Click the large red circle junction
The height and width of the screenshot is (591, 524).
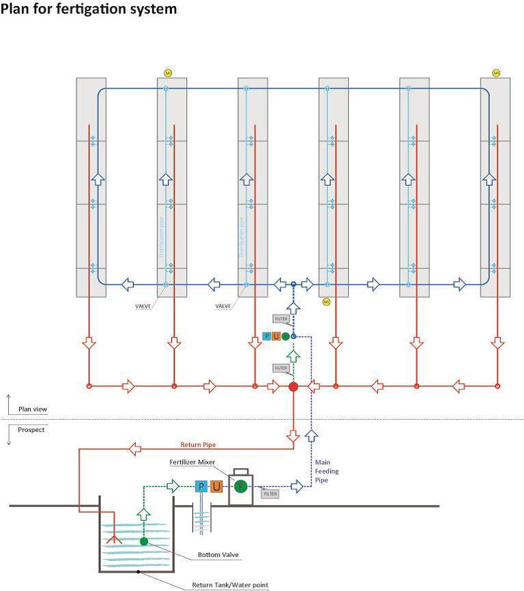293,386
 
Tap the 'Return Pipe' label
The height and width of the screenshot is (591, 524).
199,444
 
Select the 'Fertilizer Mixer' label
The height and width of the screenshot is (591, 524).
192,462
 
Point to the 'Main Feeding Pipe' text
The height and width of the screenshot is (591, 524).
326,471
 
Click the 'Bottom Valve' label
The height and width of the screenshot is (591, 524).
216,554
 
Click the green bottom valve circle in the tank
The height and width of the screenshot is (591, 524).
144,541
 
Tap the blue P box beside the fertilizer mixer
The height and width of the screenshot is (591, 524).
201,487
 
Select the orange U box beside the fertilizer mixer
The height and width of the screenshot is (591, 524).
216,487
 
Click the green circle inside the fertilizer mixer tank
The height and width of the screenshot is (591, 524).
240,487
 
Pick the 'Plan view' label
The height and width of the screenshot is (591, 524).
33,409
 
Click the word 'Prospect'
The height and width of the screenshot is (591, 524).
32,430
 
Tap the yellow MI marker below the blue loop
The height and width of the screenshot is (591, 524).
326,301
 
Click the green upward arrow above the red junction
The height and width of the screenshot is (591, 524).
293,355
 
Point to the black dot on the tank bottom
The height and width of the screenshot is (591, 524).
139,572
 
